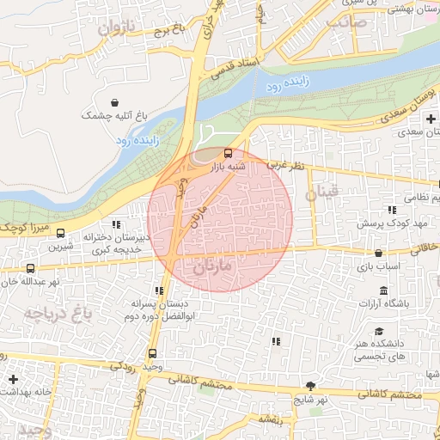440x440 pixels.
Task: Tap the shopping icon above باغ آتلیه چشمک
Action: click(114, 102)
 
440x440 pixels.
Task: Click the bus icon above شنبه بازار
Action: click(228, 155)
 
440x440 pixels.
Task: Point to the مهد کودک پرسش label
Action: click(392, 223)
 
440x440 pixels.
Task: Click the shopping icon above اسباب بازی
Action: click(380, 253)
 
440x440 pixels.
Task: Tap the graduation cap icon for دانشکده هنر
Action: click(379, 332)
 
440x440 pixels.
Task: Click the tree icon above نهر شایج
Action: click(310, 386)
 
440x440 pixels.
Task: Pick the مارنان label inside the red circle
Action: click(215, 267)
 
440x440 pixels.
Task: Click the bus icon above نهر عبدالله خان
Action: click(31, 268)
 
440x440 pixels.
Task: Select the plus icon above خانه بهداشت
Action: click(13, 379)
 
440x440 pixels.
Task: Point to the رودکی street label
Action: click(124, 367)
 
